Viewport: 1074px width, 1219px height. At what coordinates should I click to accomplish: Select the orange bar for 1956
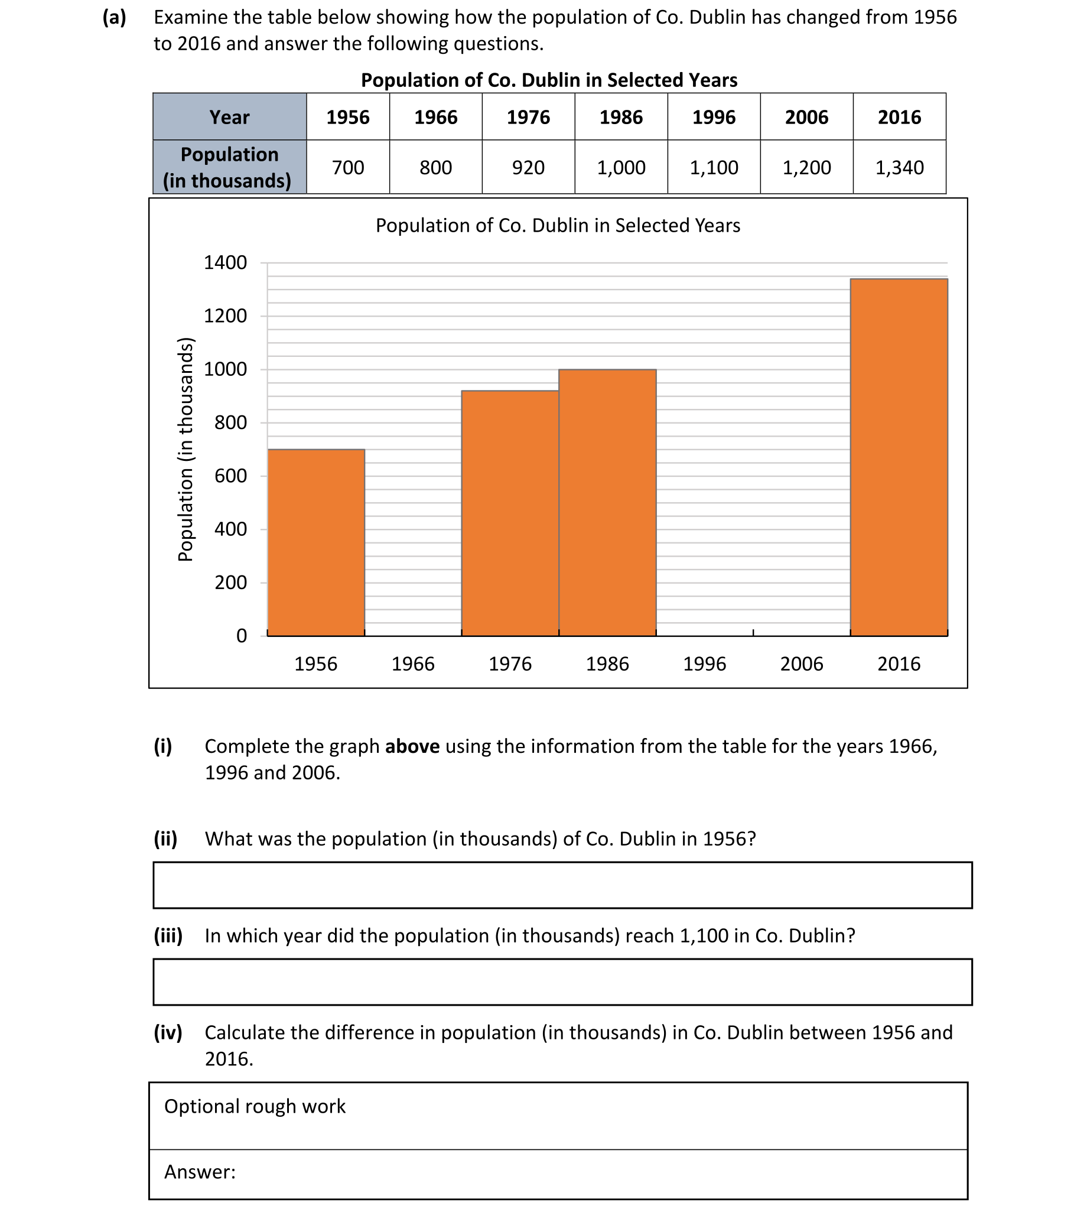pos(316,542)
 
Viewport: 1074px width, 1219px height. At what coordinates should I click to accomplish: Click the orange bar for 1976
pos(510,513)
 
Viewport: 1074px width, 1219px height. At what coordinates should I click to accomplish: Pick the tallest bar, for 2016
pos(899,457)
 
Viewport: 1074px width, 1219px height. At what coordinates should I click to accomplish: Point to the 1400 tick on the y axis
pos(226,262)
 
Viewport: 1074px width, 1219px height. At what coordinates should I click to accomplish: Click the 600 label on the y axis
pos(231,476)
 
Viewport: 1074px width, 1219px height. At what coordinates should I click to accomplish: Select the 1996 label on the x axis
pos(704,664)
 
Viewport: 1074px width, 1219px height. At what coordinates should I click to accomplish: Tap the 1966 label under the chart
pos(413,664)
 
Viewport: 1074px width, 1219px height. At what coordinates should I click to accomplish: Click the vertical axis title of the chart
pos(185,449)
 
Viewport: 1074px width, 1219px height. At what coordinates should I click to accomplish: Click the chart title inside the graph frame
pos(558,226)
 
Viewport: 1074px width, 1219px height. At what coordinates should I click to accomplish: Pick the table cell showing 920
pos(528,168)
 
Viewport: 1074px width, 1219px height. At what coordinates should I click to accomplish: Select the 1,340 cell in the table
pos(899,168)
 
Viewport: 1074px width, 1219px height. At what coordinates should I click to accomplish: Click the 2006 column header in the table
pos(806,117)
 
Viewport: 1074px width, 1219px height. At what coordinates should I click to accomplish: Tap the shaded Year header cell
pos(230,117)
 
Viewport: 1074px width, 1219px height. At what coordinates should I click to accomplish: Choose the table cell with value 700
pos(348,168)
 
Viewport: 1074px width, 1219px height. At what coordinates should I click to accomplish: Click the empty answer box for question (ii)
pos(562,885)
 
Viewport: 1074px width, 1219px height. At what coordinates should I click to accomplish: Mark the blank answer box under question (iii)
pos(562,982)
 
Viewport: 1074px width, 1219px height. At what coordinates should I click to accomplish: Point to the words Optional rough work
pos(255,1106)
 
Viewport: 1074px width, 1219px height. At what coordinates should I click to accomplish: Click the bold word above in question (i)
pos(412,746)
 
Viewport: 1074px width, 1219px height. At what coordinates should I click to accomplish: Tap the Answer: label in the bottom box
pos(200,1172)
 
